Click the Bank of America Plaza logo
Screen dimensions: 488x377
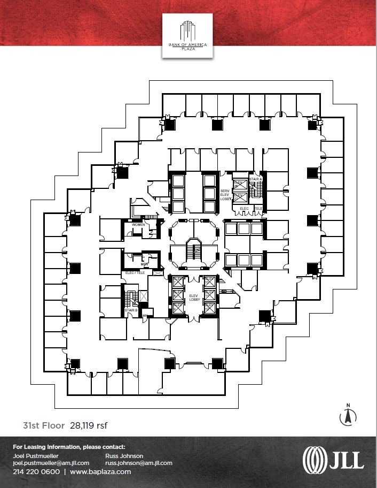(187, 35)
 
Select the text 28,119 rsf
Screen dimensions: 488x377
(91, 426)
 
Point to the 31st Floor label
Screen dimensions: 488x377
(44, 426)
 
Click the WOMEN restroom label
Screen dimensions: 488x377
(138, 225)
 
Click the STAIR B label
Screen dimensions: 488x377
(131, 310)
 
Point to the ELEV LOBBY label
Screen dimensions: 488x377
(194, 297)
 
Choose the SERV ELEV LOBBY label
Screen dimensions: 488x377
(225, 195)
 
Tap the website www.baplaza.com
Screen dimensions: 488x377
(100, 472)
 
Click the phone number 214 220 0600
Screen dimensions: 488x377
(36, 472)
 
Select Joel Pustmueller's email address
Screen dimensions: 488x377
(51, 463)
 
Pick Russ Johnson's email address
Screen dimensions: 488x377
(139, 463)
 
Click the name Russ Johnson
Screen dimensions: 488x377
(124, 456)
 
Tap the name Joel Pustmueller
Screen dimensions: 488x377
(36, 456)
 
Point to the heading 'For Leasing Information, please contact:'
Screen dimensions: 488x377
(69, 447)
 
